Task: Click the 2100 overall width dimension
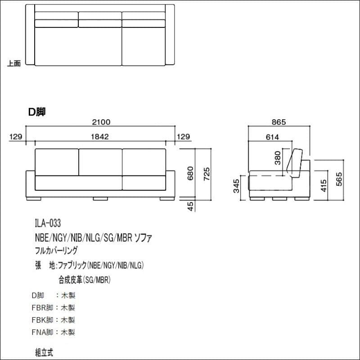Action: click(101, 122)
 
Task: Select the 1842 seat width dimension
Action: click(100, 137)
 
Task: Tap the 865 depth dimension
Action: click(279, 122)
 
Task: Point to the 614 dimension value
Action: click(272, 137)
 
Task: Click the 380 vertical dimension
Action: click(278, 158)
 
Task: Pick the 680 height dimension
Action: click(190, 173)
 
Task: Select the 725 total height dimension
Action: click(207, 174)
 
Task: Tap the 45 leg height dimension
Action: click(190, 206)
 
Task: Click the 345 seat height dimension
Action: click(236, 186)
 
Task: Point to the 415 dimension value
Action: click(324, 186)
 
